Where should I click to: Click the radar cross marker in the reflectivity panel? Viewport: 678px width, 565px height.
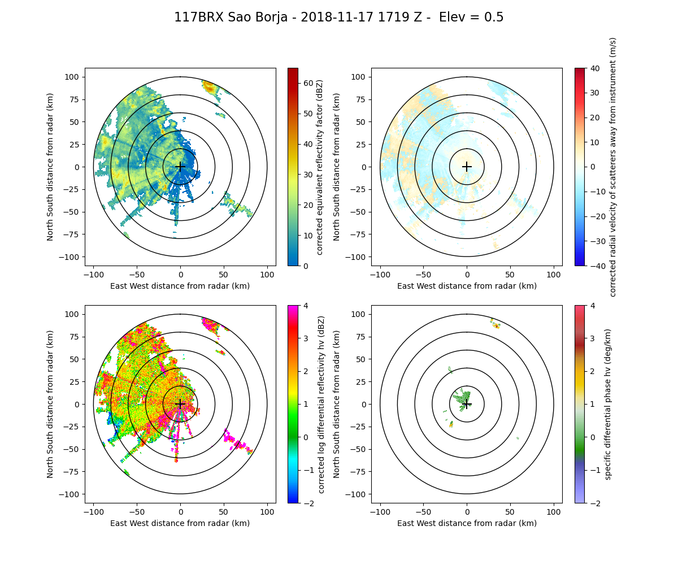tap(180, 167)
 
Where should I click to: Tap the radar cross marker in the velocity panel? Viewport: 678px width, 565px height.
tap(467, 167)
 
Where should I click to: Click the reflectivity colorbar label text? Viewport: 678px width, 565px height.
tap(320, 167)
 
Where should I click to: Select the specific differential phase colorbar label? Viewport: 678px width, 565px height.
tap(608, 404)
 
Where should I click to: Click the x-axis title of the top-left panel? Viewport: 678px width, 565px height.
tap(180, 286)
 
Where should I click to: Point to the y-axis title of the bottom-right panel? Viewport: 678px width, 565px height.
tap(337, 404)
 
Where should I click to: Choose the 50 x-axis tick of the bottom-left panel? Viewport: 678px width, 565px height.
tap(224, 511)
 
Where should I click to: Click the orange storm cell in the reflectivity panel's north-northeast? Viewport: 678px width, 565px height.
tap(210, 88)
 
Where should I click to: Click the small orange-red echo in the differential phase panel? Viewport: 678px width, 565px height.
tap(496, 326)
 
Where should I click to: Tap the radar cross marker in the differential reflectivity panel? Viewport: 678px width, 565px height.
tap(180, 404)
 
